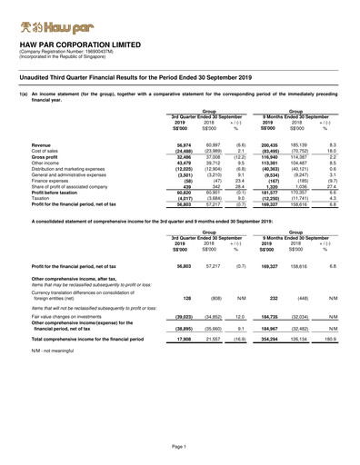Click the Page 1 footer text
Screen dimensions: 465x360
pos(180,449)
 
